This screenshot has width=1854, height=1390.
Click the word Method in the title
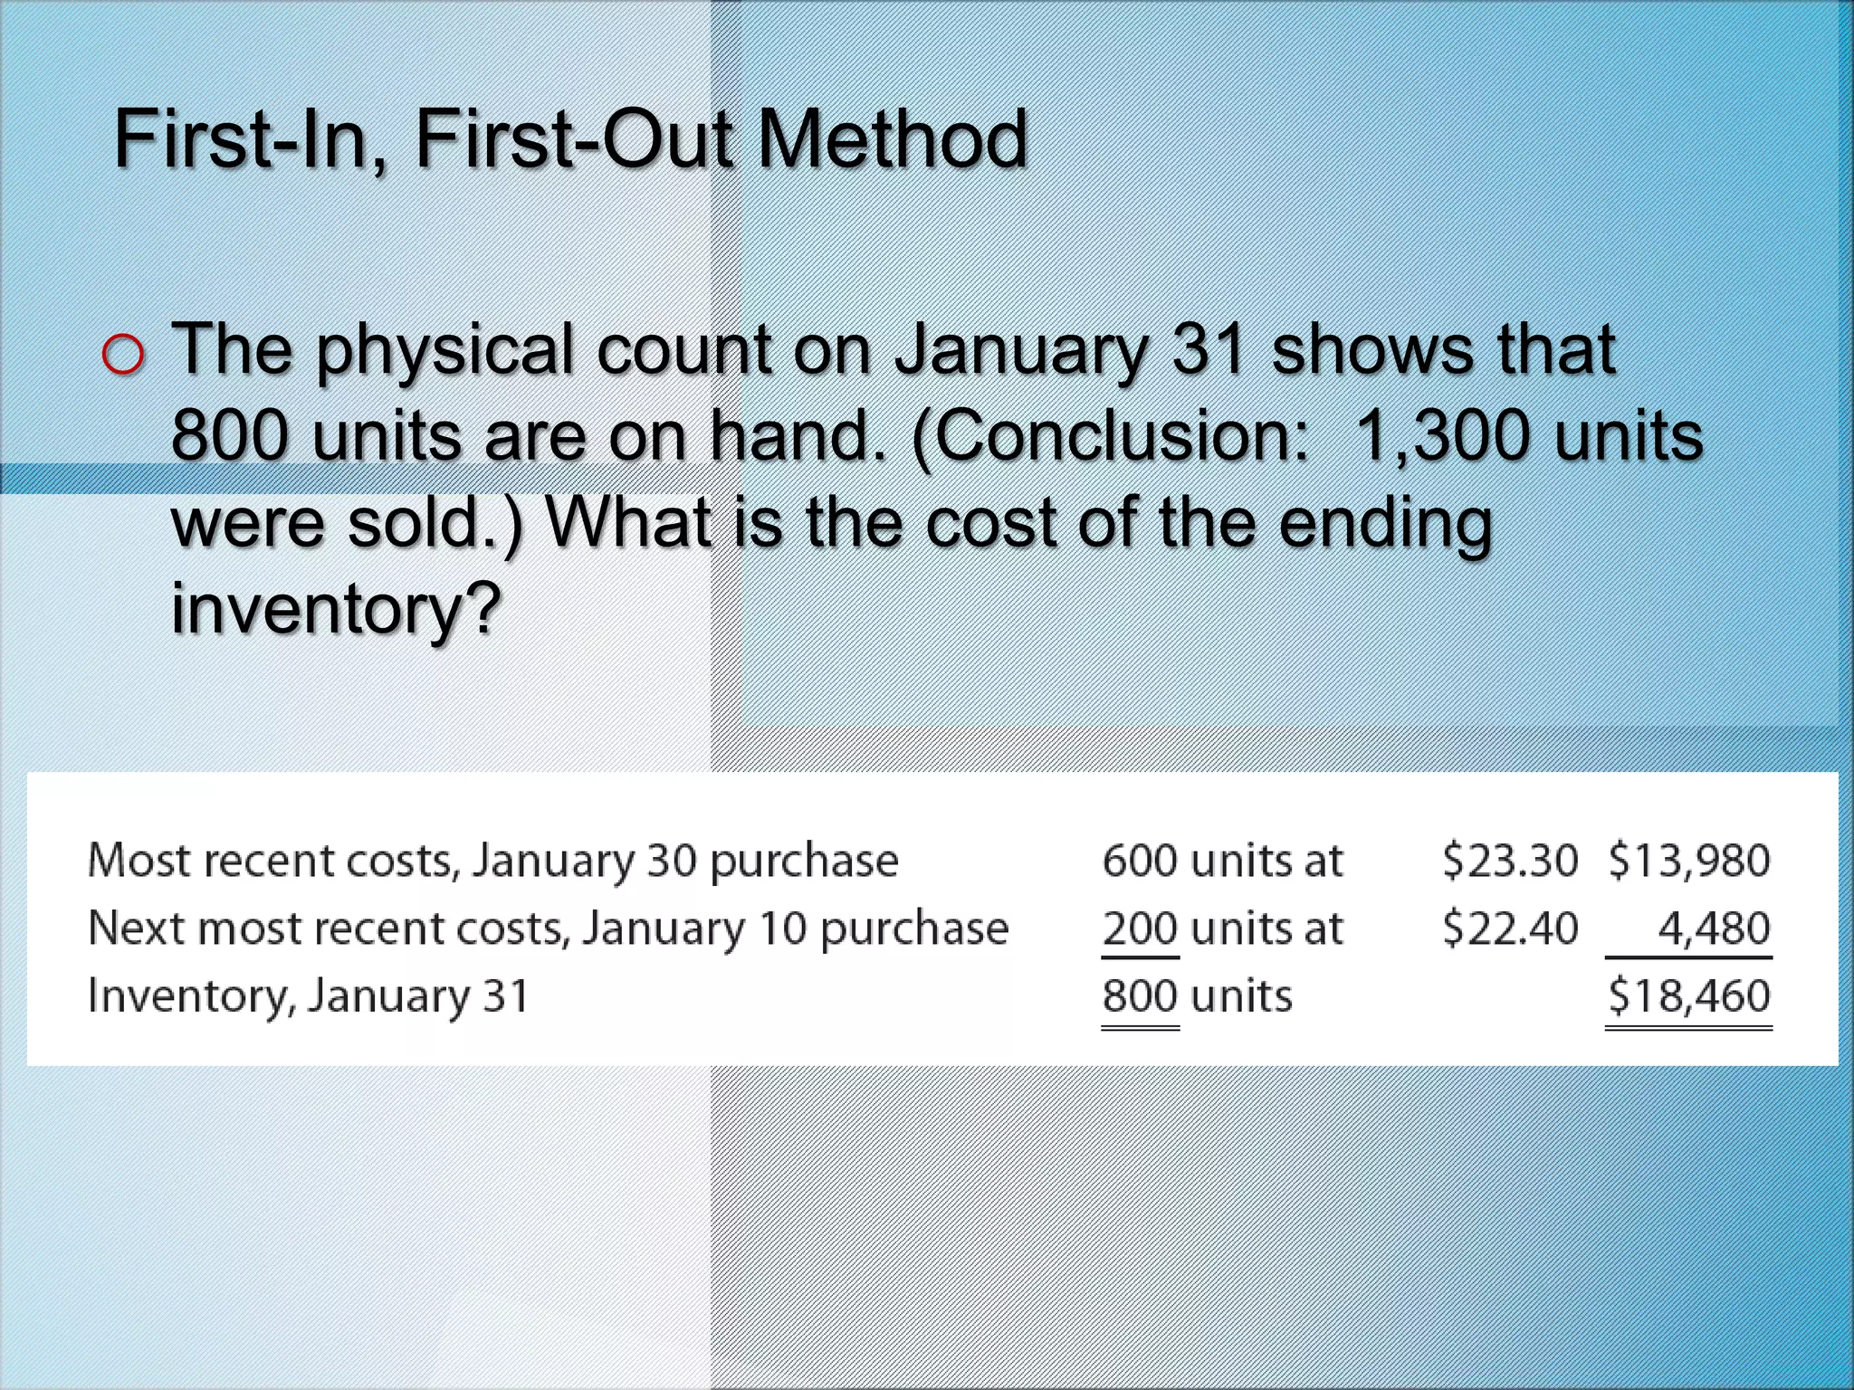click(x=892, y=140)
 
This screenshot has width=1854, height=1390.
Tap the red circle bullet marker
click(x=123, y=354)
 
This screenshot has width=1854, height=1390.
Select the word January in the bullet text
click(x=1021, y=351)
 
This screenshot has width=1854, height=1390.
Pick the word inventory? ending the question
click(x=336, y=609)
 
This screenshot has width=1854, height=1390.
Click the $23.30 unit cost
click(x=1509, y=860)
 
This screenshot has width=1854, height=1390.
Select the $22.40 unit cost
click(x=1509, y=928)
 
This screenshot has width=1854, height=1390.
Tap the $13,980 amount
click(x=1688, y=860)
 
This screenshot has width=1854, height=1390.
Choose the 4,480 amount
click(x=1713, y=928)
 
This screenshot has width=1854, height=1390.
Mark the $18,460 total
click(x=1688, y=996)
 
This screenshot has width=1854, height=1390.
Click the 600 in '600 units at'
click(x=1140, y=860)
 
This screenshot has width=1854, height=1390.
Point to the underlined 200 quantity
click(x=1140, y=928)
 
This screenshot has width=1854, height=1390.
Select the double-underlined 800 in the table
click(x=1140, y=996)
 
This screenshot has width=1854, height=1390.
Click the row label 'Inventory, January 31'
click(x=308, y=996)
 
